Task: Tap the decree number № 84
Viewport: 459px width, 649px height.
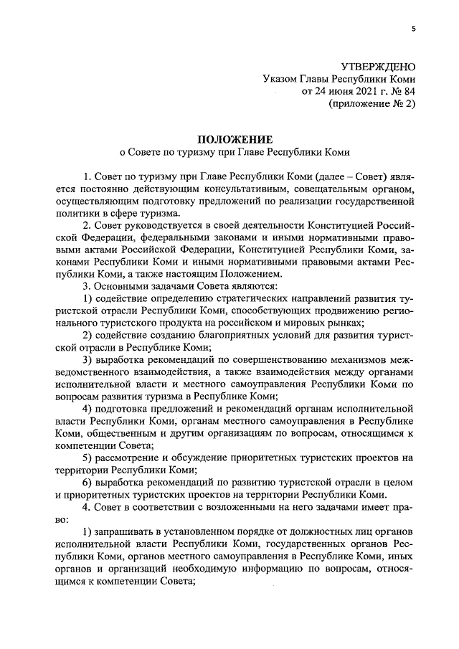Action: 402,91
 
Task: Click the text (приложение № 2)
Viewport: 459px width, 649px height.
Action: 372,103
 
